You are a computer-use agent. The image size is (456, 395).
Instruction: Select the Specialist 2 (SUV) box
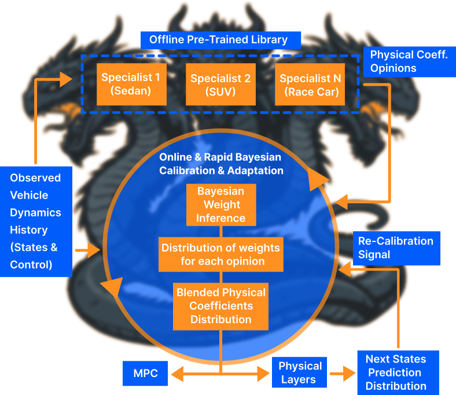220,85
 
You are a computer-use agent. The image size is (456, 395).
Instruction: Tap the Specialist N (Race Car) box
309,85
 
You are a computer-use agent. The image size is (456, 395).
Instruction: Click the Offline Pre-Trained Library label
221,40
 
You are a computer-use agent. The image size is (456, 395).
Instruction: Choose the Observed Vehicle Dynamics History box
36,221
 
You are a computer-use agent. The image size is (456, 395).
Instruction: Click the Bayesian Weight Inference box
220,204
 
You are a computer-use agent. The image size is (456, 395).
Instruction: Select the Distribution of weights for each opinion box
220,254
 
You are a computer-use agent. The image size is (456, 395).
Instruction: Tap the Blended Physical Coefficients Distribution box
220,306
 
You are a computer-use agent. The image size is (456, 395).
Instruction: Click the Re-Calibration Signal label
396,247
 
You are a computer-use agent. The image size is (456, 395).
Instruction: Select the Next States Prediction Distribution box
397,372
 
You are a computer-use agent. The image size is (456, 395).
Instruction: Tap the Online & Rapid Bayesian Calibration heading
221,164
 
